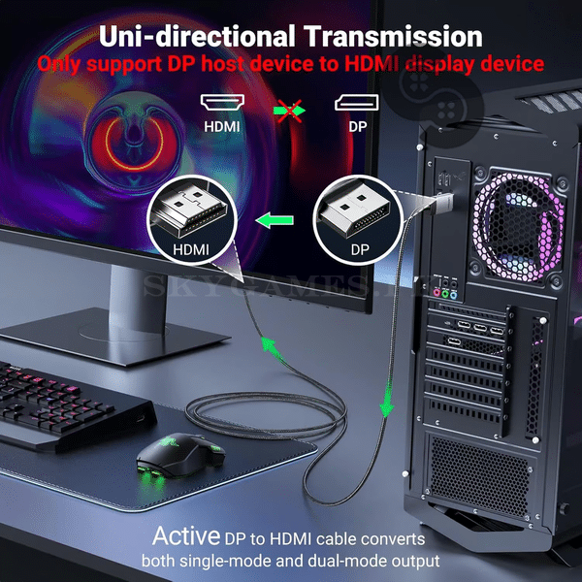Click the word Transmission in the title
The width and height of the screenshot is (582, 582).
click(x=393, y=37)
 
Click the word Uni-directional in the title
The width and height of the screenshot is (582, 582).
click(x=197, y=37)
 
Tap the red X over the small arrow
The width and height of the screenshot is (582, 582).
click(x=289, y=111)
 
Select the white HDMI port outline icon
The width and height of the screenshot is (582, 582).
click(x=222, y=102)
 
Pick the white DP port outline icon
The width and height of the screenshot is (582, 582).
click(x=357, y=102)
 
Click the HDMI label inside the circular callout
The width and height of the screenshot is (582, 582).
click(x=191, y=249)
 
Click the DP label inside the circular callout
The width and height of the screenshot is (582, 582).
click(x=360, y=249)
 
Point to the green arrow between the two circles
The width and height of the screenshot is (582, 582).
click(x=275, y=220)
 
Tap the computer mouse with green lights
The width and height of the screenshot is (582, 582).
click(x=180, y=457)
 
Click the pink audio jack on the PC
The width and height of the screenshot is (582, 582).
click(x=436, y=293)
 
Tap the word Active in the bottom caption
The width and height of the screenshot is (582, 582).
click(x=186, y=535)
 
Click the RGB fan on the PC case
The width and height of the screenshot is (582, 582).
click(x=519, y=226)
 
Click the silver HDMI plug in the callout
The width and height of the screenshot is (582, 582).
click(x=191, y=210)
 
